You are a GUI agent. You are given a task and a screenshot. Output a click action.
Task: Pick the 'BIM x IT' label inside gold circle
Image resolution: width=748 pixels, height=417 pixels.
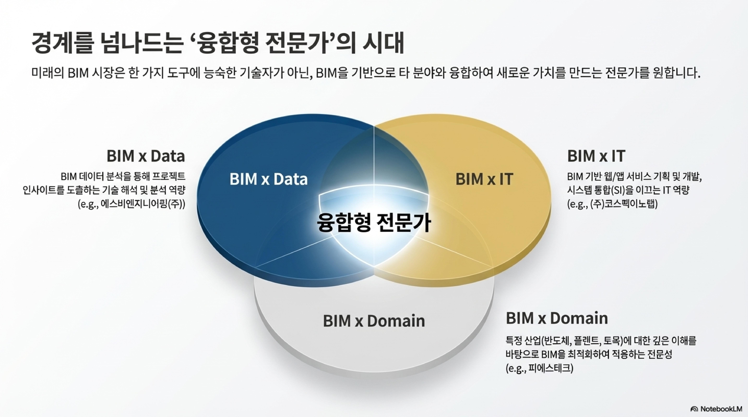click(x=484, y=179)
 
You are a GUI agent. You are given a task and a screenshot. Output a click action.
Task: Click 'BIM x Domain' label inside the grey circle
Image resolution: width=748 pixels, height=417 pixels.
click(x=374, y=321)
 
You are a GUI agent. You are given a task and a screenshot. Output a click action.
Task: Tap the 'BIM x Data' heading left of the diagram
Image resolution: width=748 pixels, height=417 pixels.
click(x=146, y=156)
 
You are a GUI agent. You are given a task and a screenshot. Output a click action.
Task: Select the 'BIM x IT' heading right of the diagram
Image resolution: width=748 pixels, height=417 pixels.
click(x=596, y=156)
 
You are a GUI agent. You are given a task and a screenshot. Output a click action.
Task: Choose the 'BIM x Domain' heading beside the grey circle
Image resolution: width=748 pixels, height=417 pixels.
click(x=557, y=318)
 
